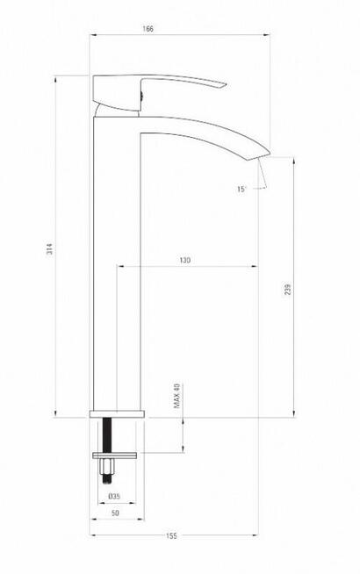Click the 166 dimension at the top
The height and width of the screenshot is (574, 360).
pos(148,29)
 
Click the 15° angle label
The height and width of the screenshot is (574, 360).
pos(242,188)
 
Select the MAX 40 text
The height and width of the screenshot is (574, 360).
pos(176,396)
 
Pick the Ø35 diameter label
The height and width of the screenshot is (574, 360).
pos(114,497)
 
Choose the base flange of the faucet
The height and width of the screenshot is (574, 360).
pos(117,413)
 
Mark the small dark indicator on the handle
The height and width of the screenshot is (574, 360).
pos(138,90)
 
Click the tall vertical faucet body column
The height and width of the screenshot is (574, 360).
pos(114,263)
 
